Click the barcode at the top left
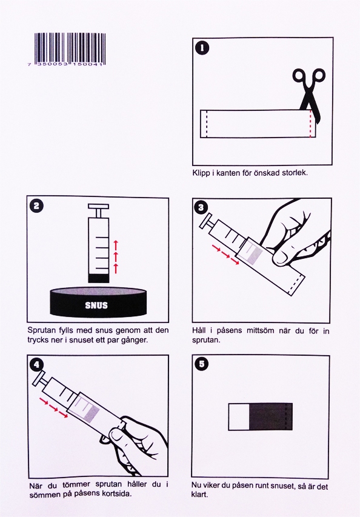(x=70, y=50)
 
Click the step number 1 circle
(x=202, y=48)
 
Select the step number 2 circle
(x=36, y=206)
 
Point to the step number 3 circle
(x=201, y=207)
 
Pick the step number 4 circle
(x=36, y=364)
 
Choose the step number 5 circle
(x=201, y=364)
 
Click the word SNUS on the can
(x=96, y=305)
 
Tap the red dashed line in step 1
(x=310, y=124)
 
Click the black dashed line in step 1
(x=207, y=124)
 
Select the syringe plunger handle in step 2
(x=98, y=207)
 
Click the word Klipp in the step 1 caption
(x=201, y=173)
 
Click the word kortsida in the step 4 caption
(x=117, y=494)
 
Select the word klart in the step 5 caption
(x=199, y=495)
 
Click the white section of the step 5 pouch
(x=239, y=416)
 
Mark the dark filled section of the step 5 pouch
(x=271, y=416)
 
